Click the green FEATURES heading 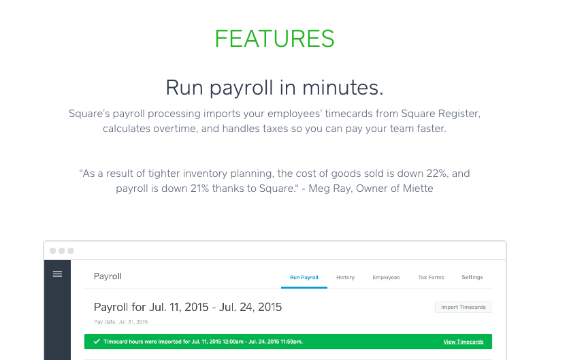pos(274,39)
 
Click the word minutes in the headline pos(342,88)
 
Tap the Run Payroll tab pos(304,277)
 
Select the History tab pos(345,277)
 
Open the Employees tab pos(386,277)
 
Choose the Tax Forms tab pos(431,277)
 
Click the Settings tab pos(472,277)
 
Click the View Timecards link pos(464,342)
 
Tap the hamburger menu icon pos(57,274)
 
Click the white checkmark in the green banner pos(97,342)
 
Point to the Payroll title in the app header pos(108,276)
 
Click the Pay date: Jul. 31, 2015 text pos(121,322)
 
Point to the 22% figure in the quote pos(436,174)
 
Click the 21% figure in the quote pos(200,189)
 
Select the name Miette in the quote pos(418,189)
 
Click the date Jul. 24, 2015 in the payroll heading pos(250,308)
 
